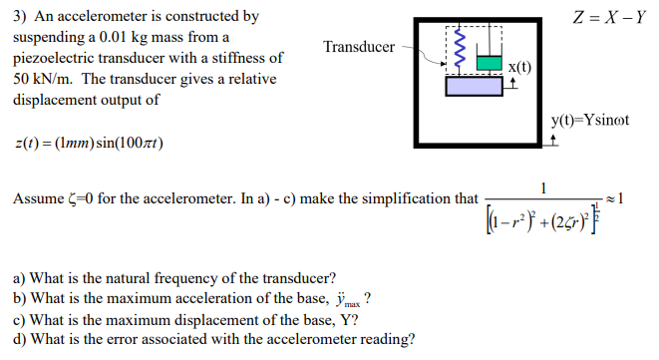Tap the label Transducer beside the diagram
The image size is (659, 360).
(358, 46)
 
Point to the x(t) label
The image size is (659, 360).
(519, 67)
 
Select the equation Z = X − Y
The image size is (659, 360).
(608, 17)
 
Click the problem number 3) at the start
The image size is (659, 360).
(19, 17)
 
